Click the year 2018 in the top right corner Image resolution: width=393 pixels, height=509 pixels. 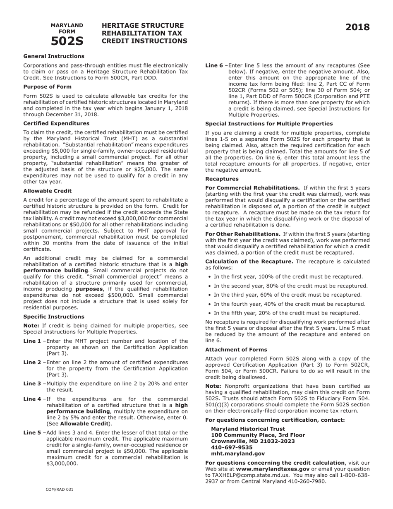click(x=357, y=27)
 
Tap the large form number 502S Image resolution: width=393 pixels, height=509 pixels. click(x=67, y=41)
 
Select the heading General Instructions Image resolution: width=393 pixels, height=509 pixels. click(x=54, y=56)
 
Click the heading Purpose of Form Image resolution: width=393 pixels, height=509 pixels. click(x=47, y=87)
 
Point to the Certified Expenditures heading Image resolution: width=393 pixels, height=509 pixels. click(x=56, y=123)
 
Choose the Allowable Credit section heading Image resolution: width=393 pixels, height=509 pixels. click(x=47, y=191)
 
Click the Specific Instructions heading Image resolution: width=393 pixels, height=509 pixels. click(x=54, y=317)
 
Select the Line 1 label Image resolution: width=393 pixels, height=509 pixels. click(x=32, y=341)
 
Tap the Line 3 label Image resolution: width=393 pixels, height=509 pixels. click(x=32, y=384)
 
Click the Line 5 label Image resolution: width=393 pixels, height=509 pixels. click(x=32, y=433)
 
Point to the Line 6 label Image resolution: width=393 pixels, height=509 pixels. click(x=214, y=65)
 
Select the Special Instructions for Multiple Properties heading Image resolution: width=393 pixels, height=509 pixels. click(x=269, y=124)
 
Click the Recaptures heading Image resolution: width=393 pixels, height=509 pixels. click(x=222, y=179)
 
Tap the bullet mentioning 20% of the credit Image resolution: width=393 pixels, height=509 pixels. click(x=287, y=313)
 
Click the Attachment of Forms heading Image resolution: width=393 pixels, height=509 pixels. click(x=236, y=350)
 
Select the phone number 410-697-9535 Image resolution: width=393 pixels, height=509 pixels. click(x=232, y=447)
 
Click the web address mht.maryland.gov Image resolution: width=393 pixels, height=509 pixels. click(x=238, y=454)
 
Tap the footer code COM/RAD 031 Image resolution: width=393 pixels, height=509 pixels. click(x=60, y=490)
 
